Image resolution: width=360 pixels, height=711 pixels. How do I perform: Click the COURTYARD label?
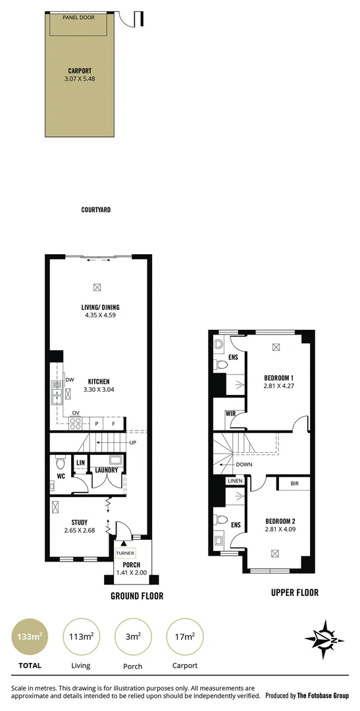(96, 209)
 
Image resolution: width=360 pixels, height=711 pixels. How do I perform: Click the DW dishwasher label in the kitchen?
(69, 381)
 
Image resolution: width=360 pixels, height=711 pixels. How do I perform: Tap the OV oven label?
(76, 413)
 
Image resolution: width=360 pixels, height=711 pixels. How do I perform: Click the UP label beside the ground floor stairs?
(133, 442)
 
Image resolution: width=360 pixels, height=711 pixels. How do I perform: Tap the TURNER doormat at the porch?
(124, 554)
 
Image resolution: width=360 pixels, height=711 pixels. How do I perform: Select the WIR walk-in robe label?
(231, 413)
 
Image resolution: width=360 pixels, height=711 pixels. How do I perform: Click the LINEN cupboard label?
(235, 481)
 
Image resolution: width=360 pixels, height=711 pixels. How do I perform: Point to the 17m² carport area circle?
(185, 636)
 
